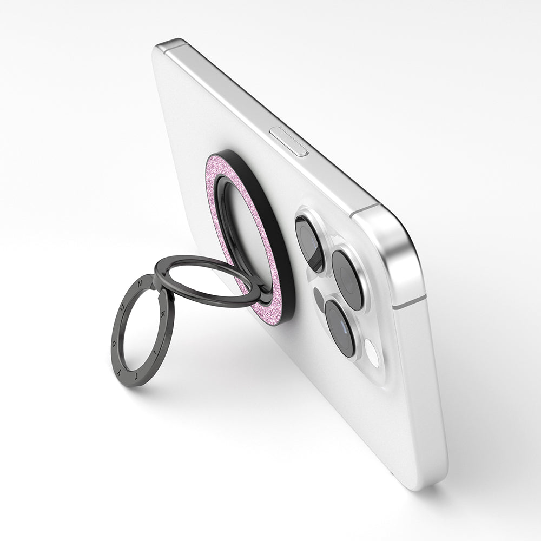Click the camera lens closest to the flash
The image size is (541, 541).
click(x=340, y=328)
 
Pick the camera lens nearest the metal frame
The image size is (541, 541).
click(x=347, y=279)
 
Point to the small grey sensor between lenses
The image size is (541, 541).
click(x=319, y=295)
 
